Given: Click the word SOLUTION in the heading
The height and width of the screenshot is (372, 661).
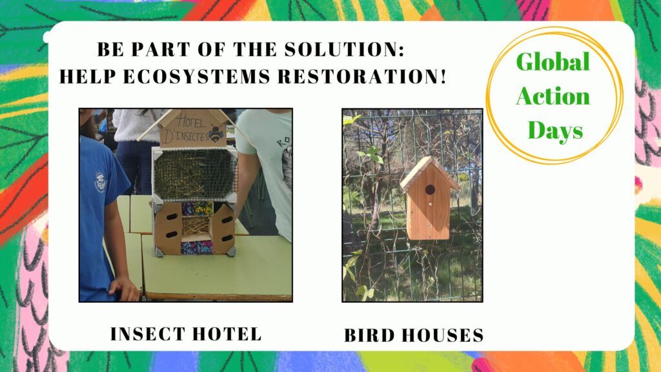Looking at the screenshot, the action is (x=344, y=49).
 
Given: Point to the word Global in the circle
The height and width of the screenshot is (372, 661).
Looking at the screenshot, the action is (x=553, y=62).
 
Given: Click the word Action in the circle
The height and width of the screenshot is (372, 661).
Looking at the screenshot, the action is (x=553, y=96).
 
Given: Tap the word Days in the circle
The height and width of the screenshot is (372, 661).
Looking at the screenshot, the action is (x=555, y=130).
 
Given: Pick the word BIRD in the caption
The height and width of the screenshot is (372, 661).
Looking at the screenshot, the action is (x=369, y=336).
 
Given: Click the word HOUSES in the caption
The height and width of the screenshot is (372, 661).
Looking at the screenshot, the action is (x=443, y=336).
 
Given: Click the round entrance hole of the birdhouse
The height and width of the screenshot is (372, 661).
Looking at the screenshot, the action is (x=430, y=190).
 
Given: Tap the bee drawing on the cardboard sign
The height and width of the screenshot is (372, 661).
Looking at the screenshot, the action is (x=216, y=133).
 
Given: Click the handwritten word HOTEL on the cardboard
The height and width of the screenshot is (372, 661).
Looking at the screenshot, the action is (x=191, y=121).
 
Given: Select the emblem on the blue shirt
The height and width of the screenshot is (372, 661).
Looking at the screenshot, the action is (x=100, y=181).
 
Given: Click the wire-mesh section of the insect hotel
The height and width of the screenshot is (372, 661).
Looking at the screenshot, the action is (x=194, y=174).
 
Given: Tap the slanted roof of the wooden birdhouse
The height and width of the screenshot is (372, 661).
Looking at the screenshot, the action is (x=428, y=173).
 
